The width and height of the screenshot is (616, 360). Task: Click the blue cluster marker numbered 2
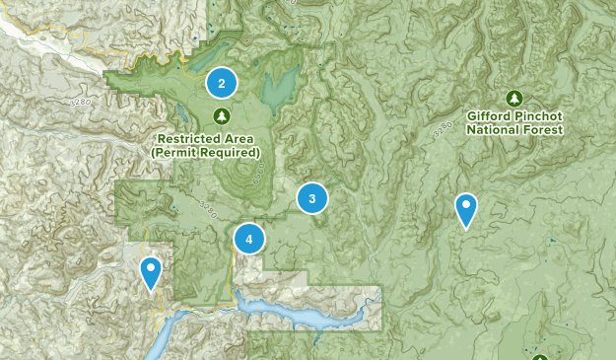pyautogui.click(x=222, y=84)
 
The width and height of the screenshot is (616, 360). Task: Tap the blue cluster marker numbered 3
pyautogui.click(x=312, y=199)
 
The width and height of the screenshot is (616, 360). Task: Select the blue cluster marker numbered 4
pyautogui.click(x=249, y=238)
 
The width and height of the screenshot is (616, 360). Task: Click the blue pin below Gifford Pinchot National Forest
pyautogui.click(x=465, y=209)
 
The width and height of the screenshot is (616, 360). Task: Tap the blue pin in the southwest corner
pyautogui.click(x=151, y=271)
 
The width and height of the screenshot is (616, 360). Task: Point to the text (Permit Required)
pyautogui.click(x=206, y=153)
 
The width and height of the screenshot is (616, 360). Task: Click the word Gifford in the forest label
pyautogui.click(x=491, y=115)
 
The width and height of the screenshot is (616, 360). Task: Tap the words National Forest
pyautogui.click(x=514, y=129)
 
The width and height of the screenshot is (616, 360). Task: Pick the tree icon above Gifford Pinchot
pyautogui.click(x=513, y=98)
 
